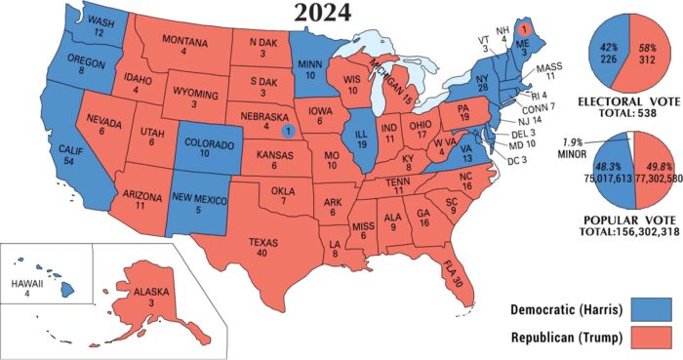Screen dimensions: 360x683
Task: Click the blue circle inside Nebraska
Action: pyautogui.click(x=286, y=129)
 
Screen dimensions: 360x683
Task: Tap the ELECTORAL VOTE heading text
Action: pyautogui.click(x=629, y=100)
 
